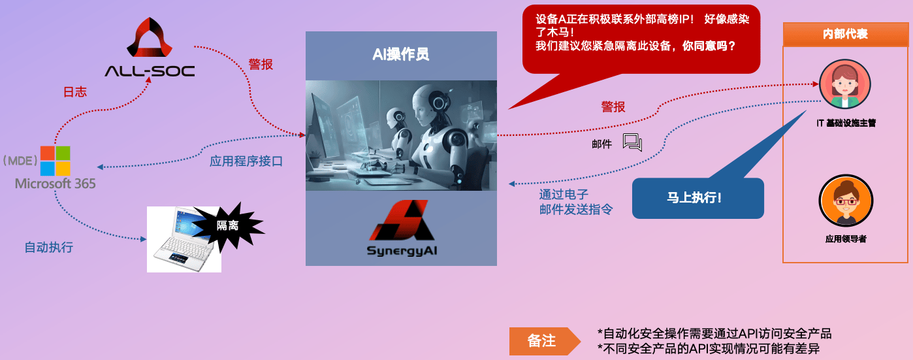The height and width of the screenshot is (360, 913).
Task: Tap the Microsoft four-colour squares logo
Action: coord(56,161)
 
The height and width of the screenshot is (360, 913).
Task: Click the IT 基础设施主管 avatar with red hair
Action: coord(844,84)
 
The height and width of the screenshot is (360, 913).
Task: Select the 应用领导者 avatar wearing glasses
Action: coord(846,201)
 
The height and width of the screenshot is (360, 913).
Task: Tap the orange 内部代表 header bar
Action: coord(845,34)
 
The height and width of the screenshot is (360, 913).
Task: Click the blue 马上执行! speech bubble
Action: coord(697,198)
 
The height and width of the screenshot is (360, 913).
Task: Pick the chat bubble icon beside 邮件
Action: coord(632,142)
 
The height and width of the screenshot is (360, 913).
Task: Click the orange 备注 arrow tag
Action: coord(545,341)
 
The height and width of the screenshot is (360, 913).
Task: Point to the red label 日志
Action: coord(75,91)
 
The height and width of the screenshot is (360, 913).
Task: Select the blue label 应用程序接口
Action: coord(246,161)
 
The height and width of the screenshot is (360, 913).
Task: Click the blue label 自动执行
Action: coord(49,247)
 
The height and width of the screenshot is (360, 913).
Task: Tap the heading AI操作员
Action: coord(400,54)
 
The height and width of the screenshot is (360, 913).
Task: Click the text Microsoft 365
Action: coord(56,184)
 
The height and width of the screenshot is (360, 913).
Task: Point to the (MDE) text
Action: coord(20,160)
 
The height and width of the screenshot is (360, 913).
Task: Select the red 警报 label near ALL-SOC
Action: coord(261,64)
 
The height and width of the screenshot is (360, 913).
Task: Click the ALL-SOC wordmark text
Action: coord(150,71)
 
